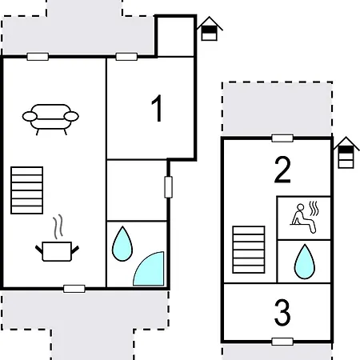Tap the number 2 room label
[282, 170]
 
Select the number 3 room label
[282, 313]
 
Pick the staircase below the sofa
[26, 190]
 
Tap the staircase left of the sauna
[248, 250]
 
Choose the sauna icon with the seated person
[303, 215]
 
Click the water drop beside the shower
[122, 243]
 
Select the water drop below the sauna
[303, 260]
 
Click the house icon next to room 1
[209, 28]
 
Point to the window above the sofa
[37, 56]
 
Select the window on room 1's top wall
[126, 56]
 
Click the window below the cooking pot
[74, 287]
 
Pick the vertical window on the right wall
[168, 186]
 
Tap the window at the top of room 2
[282, 138]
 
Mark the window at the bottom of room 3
[282, 342]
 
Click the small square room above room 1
[175, 36]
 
